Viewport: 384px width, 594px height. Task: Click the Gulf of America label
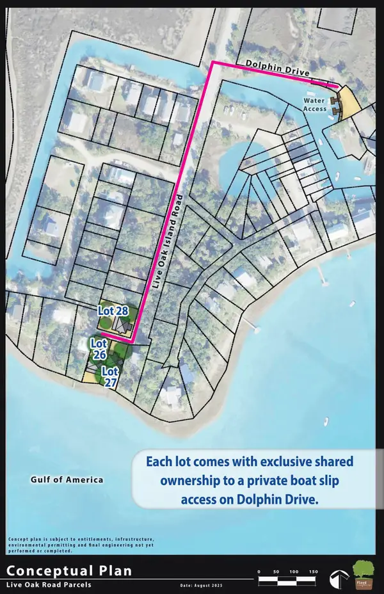pos(67,479)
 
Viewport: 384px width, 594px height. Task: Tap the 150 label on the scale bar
pos(314,571)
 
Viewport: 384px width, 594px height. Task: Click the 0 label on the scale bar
pos(259,571)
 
